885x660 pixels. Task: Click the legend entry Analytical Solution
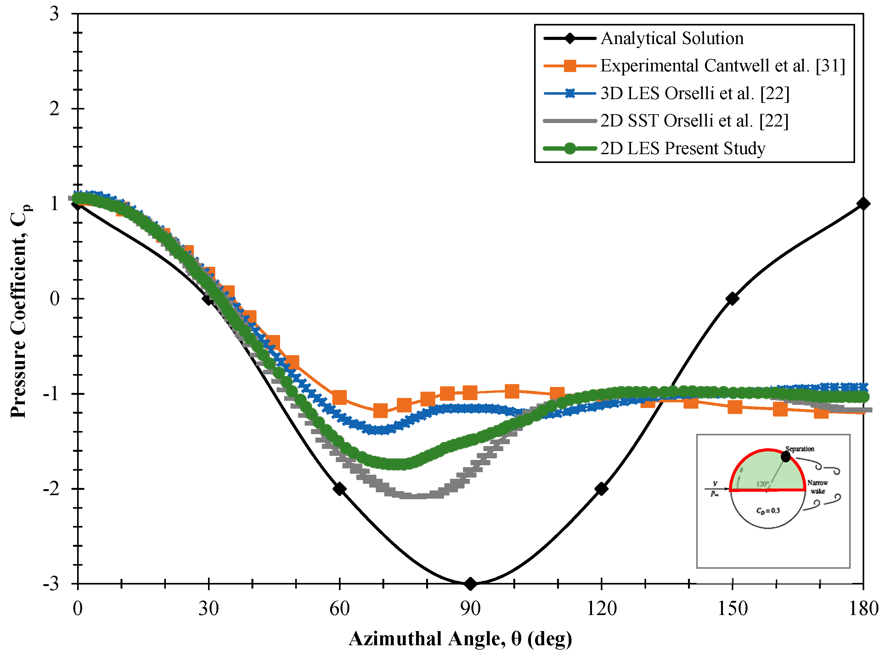point(672,38)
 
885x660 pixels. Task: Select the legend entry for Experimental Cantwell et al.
point(722,65)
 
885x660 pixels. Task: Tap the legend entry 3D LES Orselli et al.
point(694,93)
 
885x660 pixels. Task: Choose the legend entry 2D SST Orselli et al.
point(694,121)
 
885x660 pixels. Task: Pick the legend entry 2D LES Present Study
point(682,148)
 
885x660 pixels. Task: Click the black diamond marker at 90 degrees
point(471,584)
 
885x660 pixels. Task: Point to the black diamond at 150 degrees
point(732,299)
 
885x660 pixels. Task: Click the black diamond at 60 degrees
point(339,489)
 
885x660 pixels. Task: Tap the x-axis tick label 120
point(601,609)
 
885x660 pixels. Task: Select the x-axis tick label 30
point(208,609)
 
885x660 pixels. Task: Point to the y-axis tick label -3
point(51,584)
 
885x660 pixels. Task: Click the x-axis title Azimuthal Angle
point(460,638)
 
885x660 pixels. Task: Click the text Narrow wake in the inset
point(817,487)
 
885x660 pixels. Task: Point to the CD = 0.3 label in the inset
point(768,511)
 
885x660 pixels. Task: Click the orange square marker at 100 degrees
point(512,392)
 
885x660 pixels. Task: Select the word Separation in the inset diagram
point(799,449)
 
